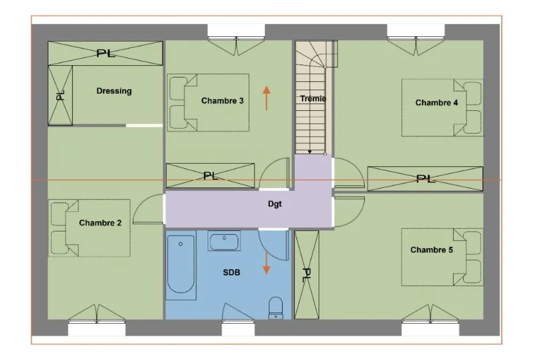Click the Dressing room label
click(114, 91)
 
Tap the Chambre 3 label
click(222, 101)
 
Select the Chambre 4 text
click(437, 102)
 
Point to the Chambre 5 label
click(432, 250)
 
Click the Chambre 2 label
click(100, 223)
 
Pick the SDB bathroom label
click(231, 272)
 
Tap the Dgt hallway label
click(274, 204)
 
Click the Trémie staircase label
click(313, 99)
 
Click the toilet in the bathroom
click(276, 308)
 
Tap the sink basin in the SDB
click(224, 241)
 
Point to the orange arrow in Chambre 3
click(266, 98)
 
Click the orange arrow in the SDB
click(266, 263)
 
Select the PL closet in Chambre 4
click(425, 179)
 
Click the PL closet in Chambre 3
click(210, 175)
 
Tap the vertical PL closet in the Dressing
click(60, 95)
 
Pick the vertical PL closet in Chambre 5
click(306, 275)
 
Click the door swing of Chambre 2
click(148, 209)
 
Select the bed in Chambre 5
click(442, 257)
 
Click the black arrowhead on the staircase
click(310, 152)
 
